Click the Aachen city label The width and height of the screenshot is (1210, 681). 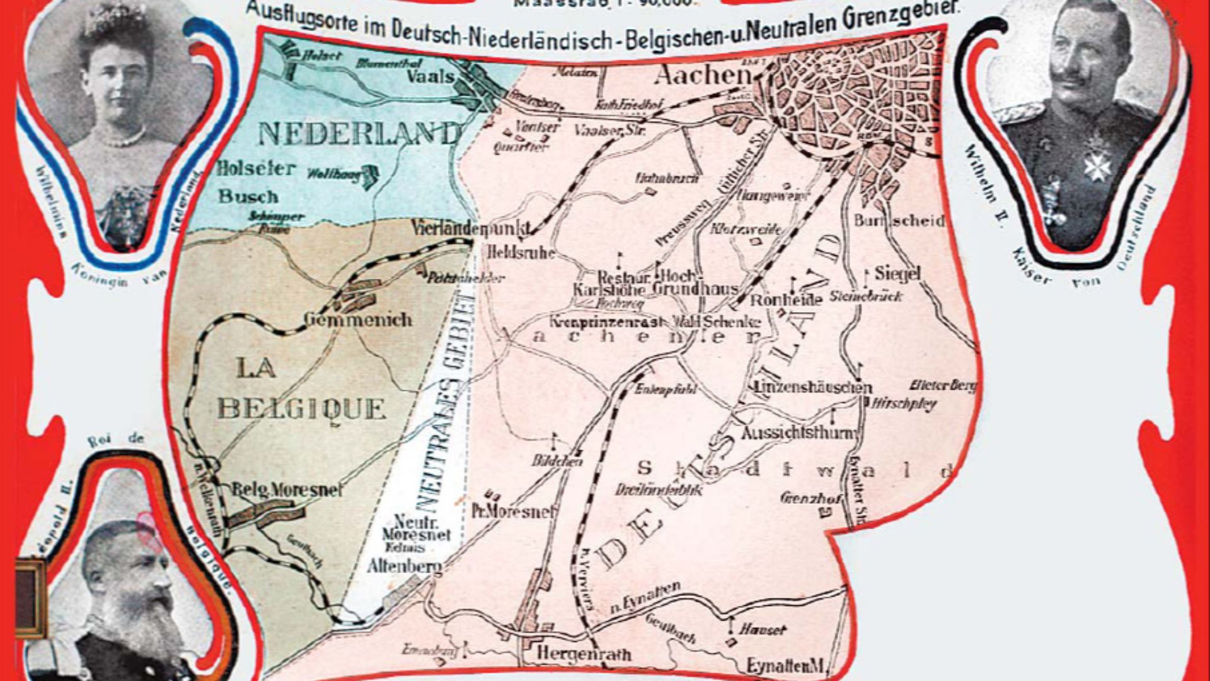click(703, 76)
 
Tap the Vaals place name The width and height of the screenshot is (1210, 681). click(430, 77)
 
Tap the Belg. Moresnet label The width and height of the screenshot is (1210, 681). click(287, 490)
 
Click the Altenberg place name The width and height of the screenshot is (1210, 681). click(404, 566)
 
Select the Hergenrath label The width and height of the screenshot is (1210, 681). click(584, 654)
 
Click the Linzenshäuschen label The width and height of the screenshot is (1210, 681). click(813, 387)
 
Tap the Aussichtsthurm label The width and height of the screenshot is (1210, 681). click(800, 433)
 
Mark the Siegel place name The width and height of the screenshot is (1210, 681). click(897, 274)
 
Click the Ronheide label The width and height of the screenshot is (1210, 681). click(785, 300)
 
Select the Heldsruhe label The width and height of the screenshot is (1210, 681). click(521, 253)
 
